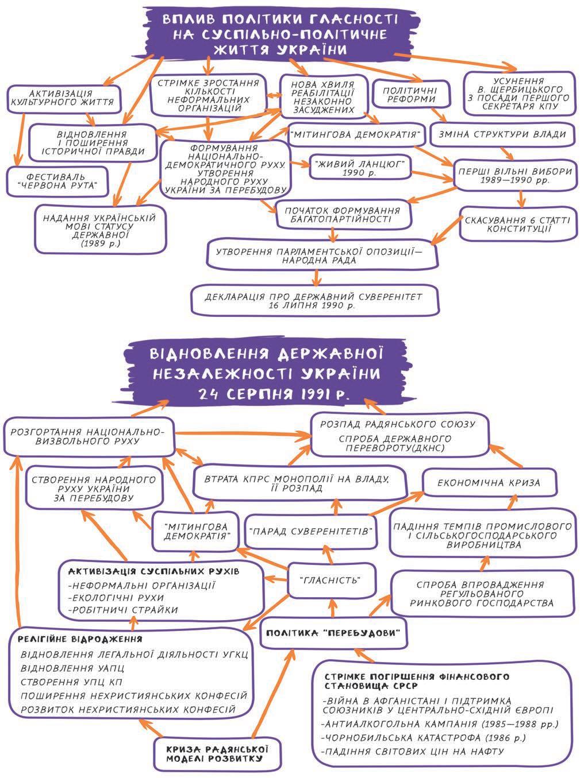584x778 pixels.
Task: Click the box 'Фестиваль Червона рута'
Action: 58,180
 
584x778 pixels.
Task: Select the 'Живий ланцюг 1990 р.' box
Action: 360,167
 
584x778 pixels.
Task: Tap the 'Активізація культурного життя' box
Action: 65,98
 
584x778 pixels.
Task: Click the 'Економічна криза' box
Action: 489,482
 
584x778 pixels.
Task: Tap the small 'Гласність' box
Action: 331,580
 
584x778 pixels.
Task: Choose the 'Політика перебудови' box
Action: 335,633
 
